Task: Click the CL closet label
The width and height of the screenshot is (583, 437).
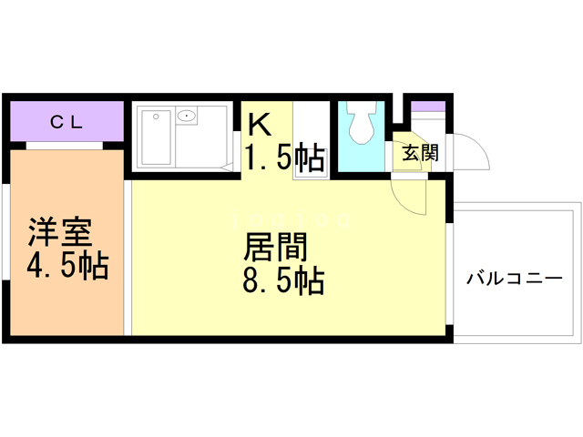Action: pyautogui.click(x=66, y=121)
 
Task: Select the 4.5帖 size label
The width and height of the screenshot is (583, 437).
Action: pyautogui.click(x=67, y=267)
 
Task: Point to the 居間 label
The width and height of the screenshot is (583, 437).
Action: pyautogui.click(x=274, y=247)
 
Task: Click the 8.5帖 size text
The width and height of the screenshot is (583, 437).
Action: pyautogui.click(x=283, y=281)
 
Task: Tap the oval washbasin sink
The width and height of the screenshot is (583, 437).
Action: pyautogui.click(x=188, y=116)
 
